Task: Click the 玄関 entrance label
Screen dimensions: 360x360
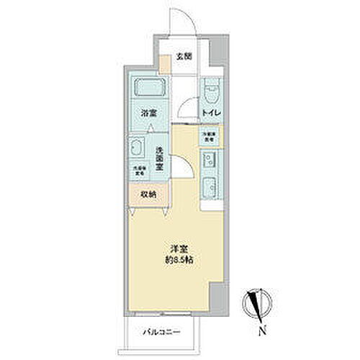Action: tap(185, 56)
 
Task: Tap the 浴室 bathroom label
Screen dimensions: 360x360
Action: tap(149, 113)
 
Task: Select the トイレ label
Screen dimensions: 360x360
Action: tap(210, 114)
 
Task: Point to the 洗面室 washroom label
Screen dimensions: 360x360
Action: tap(161, 156)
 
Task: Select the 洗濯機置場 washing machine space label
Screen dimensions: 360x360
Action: tap(138, 171)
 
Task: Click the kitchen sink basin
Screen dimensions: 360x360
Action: tap(211, 159)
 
